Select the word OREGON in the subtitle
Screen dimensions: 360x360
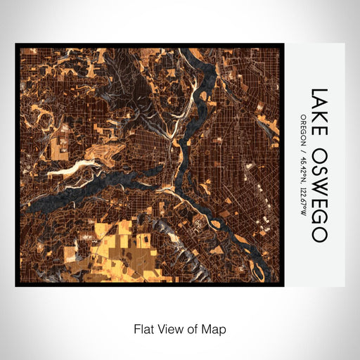(x=303, y=129)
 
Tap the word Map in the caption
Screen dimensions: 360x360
(x=216, y=328)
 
